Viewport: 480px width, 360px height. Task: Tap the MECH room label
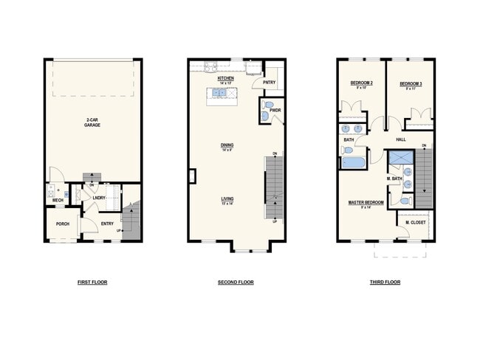[x=58, y=200]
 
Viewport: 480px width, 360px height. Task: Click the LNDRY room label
[x=99, y=198]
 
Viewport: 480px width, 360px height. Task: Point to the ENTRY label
[x=107, y=224]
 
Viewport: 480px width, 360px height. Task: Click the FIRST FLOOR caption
[x=92, y=283]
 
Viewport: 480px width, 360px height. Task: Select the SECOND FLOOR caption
[x=236, y=283]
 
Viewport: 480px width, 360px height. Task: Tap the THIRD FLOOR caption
[x=385, y=283]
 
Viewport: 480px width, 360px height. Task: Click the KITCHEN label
[x=226, y=78]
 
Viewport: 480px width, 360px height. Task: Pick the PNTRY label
[x=269, y=83]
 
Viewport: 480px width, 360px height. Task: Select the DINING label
[x=227, y=146]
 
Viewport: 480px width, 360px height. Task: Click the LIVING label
[x=227, y=199]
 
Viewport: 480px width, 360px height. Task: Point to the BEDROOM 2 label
[x=361, y=84]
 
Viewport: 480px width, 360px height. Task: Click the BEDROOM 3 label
[x=410, y=84]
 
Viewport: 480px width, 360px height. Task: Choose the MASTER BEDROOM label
[x=365, y=201]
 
